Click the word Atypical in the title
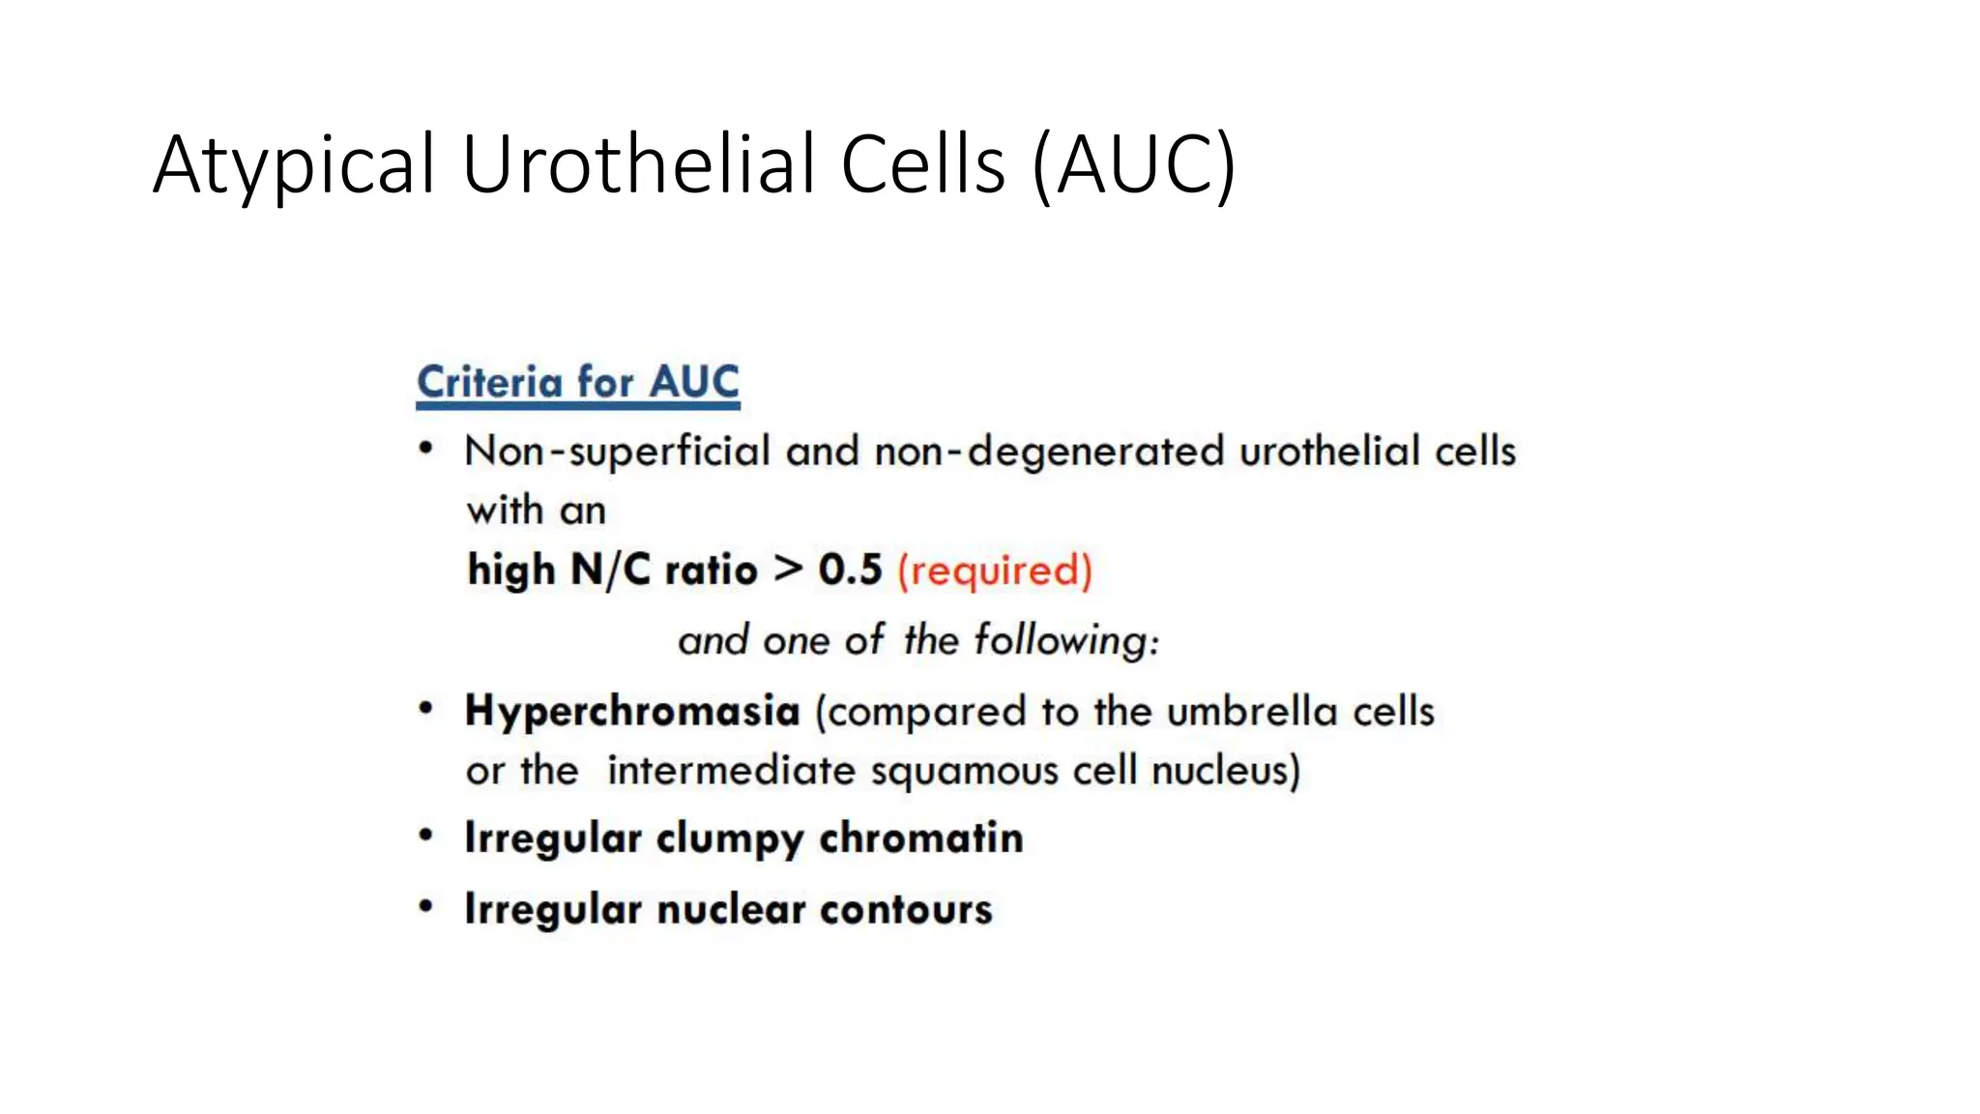pos(295,166)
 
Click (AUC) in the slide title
pos(1133,166)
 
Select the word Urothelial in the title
pos(638,164)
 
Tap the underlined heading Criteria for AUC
pos(578,383)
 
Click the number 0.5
pos(850,570)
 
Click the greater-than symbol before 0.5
pos(789,569)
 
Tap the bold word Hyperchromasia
pos(632,712)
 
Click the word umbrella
pos(1252,712)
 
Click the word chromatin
pos(920,838)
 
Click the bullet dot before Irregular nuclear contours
pos(425,907)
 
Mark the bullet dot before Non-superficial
pos(425,449)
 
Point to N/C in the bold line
pos(610,570)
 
